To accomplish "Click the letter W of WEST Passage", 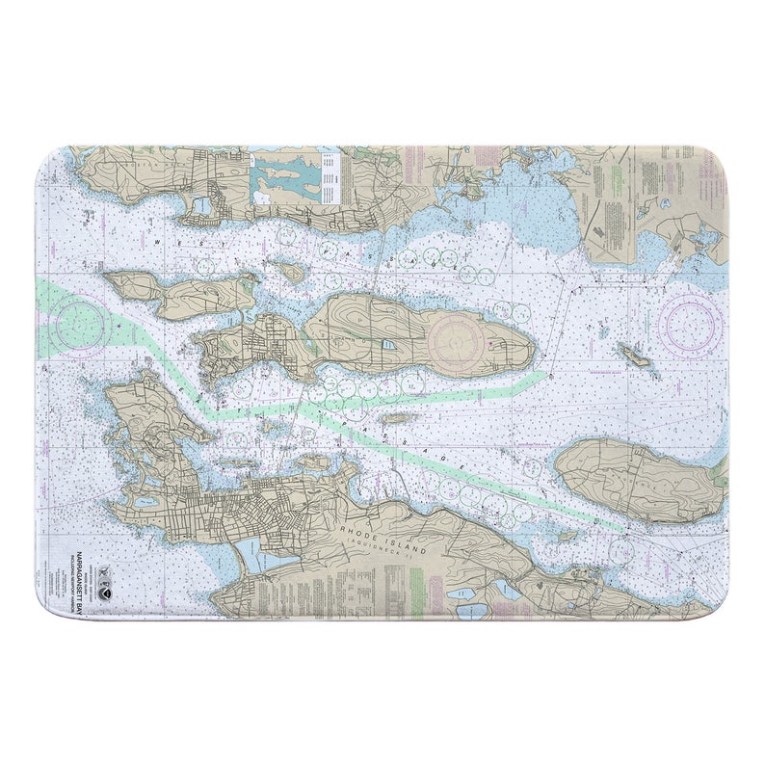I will [x=157, y=234].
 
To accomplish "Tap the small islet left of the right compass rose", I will [x=634, y=354].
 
